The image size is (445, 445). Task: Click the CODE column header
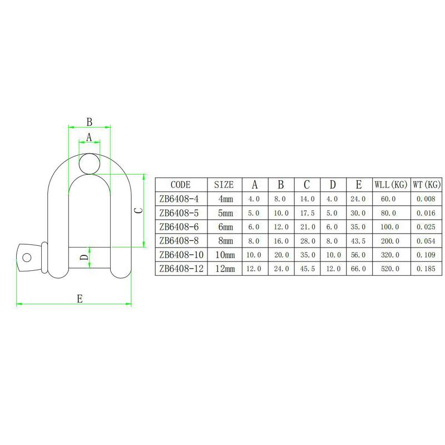coord(180,185)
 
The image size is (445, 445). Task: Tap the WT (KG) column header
coord(426,185)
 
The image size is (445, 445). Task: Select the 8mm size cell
coord(225,240)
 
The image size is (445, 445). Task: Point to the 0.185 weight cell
coord(426,268)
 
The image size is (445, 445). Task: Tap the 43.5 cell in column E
coord(359,240)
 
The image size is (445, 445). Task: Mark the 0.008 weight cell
coord(426,199)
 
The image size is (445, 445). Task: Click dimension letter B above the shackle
coord(88,121)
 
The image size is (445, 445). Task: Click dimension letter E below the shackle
coord(80,299)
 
